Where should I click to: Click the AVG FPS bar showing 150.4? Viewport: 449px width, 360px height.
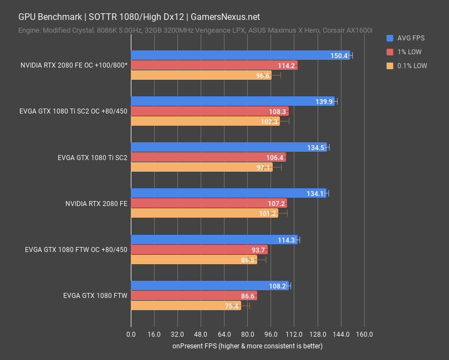coord(240,55)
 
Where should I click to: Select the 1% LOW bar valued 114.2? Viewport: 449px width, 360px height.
coord(214,65)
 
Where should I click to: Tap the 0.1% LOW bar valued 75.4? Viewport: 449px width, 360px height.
coord(186,306)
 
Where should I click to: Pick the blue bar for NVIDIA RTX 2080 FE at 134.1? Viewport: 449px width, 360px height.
coord(228,193)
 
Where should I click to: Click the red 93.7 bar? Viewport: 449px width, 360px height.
coord(199,250)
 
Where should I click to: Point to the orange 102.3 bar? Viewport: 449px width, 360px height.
coord(205,122)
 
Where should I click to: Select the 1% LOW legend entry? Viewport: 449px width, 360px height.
coord(410,52)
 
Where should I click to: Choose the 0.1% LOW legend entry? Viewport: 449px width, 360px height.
coord(412,65)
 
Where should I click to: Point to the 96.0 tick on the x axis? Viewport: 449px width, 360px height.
coord(271,335)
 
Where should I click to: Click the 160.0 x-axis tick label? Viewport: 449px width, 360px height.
coord(364,335)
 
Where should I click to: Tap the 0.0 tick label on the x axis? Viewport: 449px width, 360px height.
coord(131,335)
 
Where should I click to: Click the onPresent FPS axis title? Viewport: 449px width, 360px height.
coord(247,346)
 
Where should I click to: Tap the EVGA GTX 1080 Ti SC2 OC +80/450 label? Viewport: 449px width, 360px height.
coord(73,111)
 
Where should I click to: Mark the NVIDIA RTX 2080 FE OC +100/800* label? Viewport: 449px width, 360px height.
coord(74,65)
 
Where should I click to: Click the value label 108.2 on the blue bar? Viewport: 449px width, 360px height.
coord(277,286)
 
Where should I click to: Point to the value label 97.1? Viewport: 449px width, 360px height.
coord(262,167)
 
